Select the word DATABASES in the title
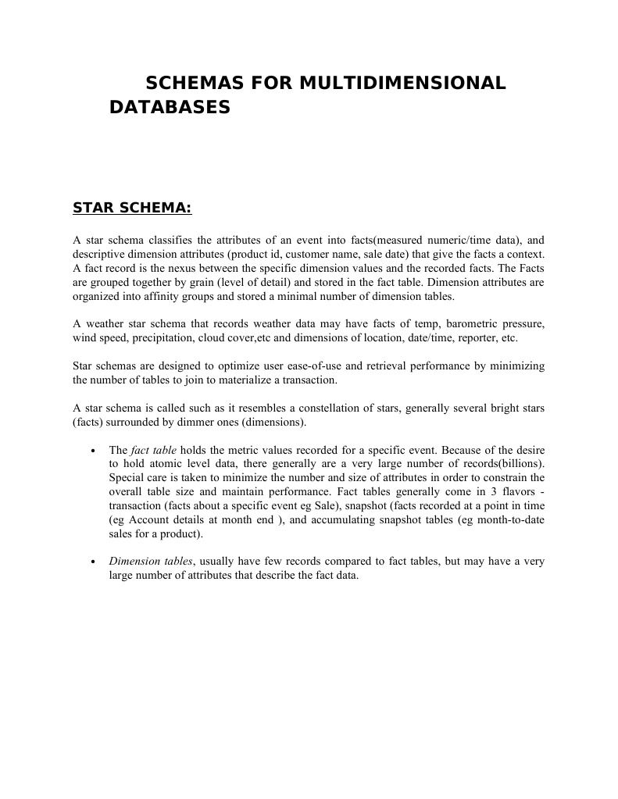(170, 107)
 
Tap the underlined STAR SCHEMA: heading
(131, 208)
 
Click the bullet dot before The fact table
(93, 451)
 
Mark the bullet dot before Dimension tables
(93, 562)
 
